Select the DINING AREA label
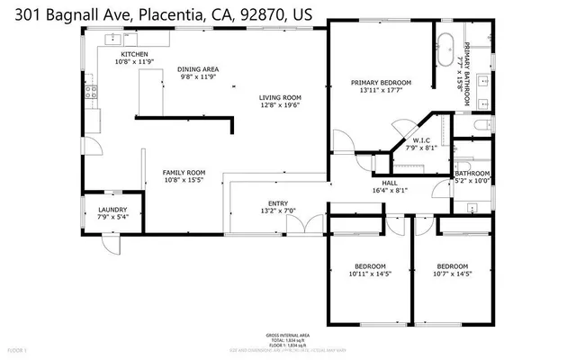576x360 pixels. pos(198,69)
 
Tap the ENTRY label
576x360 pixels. pos(278,203)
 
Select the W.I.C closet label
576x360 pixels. pos(420,140)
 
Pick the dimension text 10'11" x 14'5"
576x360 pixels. pos(369,274)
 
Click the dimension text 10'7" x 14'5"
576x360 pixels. pos(452,274)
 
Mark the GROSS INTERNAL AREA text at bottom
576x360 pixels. pos(288,333)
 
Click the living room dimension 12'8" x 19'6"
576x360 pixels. pos(279,105)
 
